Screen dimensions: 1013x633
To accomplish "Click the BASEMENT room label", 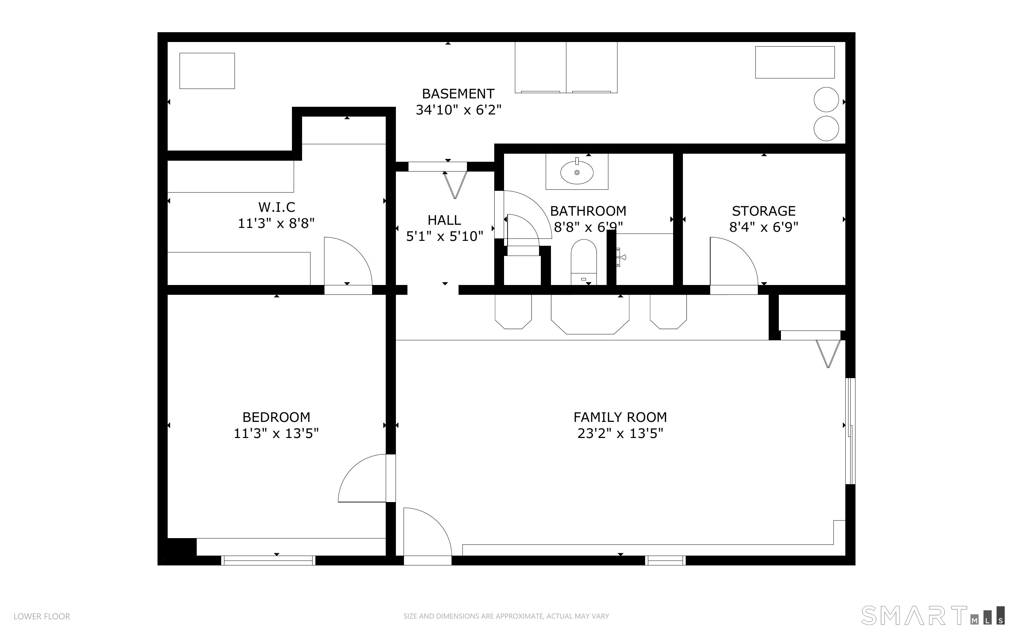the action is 458,93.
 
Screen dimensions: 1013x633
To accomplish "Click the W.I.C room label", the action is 277,207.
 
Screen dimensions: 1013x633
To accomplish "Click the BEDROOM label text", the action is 276,417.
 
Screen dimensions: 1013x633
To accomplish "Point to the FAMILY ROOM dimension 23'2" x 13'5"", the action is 620,433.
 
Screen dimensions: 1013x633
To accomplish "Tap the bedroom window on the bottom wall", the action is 268,560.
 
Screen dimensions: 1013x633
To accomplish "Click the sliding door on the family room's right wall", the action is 850,431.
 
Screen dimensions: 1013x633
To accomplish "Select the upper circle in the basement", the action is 826,100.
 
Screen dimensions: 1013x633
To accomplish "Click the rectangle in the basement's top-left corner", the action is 207,71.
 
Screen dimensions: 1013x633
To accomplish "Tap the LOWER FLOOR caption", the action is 42,616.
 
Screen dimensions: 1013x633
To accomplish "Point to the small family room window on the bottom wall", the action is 665,560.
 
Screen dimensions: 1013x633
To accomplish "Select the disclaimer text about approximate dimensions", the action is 506,616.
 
